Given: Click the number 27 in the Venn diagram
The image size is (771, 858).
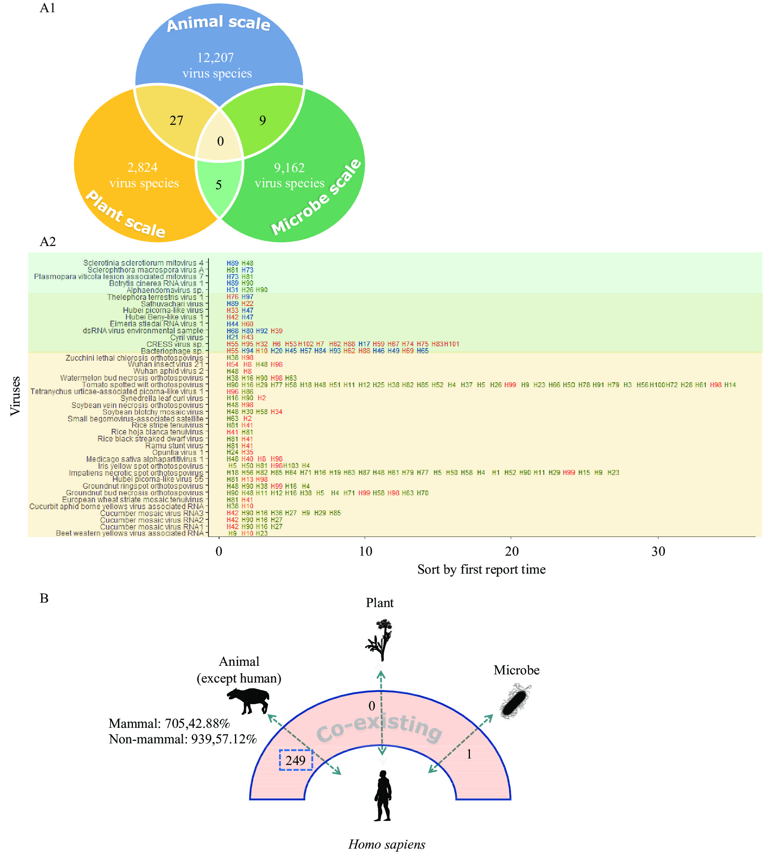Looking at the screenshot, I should coord(176,121).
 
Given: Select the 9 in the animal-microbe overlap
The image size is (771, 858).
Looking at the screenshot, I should coord(263,121).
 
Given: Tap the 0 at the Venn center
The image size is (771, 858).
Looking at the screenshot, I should coord(220,141).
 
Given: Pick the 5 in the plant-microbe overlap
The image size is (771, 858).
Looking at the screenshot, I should coord(219,185).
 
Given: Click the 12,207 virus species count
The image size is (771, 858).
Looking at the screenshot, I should coord(216,58).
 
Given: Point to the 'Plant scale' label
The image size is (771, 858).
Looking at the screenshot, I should coord(125,214).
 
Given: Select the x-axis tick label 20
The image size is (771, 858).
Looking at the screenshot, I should coord(512,551).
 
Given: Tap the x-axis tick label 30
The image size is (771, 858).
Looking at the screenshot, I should coord(658,551).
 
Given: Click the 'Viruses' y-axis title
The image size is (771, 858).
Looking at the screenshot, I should coord(15,396).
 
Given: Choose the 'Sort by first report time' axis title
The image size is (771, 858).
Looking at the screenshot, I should coord(481,570).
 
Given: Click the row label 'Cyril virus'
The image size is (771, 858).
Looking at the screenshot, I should coord(186,338).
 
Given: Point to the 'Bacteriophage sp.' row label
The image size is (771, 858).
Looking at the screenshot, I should coord(172,351).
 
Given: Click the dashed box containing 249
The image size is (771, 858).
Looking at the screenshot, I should coord(296,760).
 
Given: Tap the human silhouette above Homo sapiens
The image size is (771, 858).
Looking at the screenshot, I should coord(383,796).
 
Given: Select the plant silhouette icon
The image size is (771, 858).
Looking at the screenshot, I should coord(379,640).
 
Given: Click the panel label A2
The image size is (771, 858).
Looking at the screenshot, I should coord(47,242).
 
